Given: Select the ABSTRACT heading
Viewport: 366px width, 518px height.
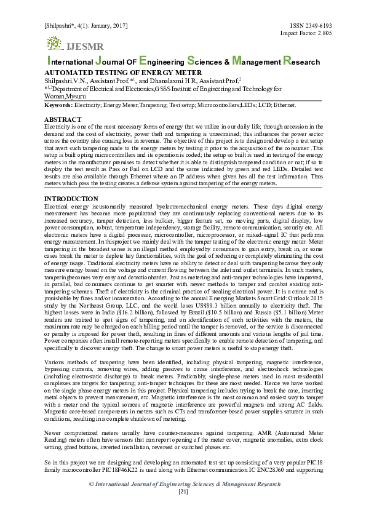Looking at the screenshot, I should coord(63,119).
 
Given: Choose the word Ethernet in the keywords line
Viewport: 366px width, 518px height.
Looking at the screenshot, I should coord(266,106).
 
